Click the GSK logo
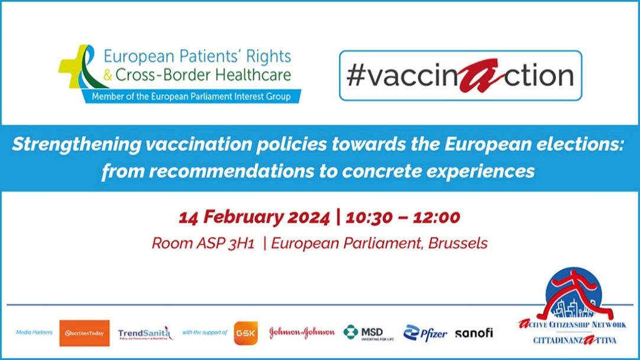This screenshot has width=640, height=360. click(x=245, y=333)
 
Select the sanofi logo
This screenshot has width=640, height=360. click(x=473, y=333)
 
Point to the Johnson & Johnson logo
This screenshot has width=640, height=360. click(x=302, y=333)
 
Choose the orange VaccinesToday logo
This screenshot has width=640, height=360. click(x=84, y=333)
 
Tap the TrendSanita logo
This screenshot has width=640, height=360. click(x=145, y=333)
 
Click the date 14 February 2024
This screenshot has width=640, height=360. click(x=254, y=217)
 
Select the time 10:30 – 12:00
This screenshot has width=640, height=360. click(x=399, y=217)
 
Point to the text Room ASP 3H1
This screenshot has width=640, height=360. click(x=203, y=243)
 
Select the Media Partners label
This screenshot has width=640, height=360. click(x=34, y=333)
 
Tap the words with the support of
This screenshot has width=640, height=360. click(x=205, y=333)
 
